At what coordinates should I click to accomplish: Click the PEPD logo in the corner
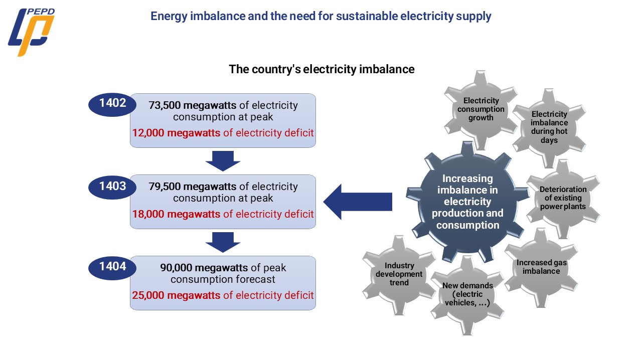(31, 32)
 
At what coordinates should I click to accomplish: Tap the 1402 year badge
(112, 104)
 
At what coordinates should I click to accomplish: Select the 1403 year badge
(112, 186)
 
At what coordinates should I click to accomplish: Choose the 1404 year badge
(112, 267)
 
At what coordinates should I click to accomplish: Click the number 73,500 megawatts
(192, 106)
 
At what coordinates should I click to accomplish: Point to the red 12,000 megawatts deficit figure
(176, 133)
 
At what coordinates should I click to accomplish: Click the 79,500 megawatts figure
(192, 187)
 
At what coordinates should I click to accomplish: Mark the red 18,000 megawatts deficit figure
(176, 214)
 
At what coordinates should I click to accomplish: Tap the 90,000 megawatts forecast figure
(204, 267)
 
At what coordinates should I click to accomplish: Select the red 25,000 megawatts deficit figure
(176, 295)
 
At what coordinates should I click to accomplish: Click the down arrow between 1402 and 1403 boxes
(223, 160)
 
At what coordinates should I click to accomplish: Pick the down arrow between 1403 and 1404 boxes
(223, 242)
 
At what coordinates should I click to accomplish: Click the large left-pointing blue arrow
(357, 202)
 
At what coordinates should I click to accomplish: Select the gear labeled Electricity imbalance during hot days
(549, 127)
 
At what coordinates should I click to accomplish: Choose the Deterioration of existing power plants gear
(563, 198)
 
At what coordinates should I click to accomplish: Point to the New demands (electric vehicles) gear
(467, 293)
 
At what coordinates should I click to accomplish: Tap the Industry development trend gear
(400, 274)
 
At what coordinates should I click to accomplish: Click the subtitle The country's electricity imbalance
(322, 69)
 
